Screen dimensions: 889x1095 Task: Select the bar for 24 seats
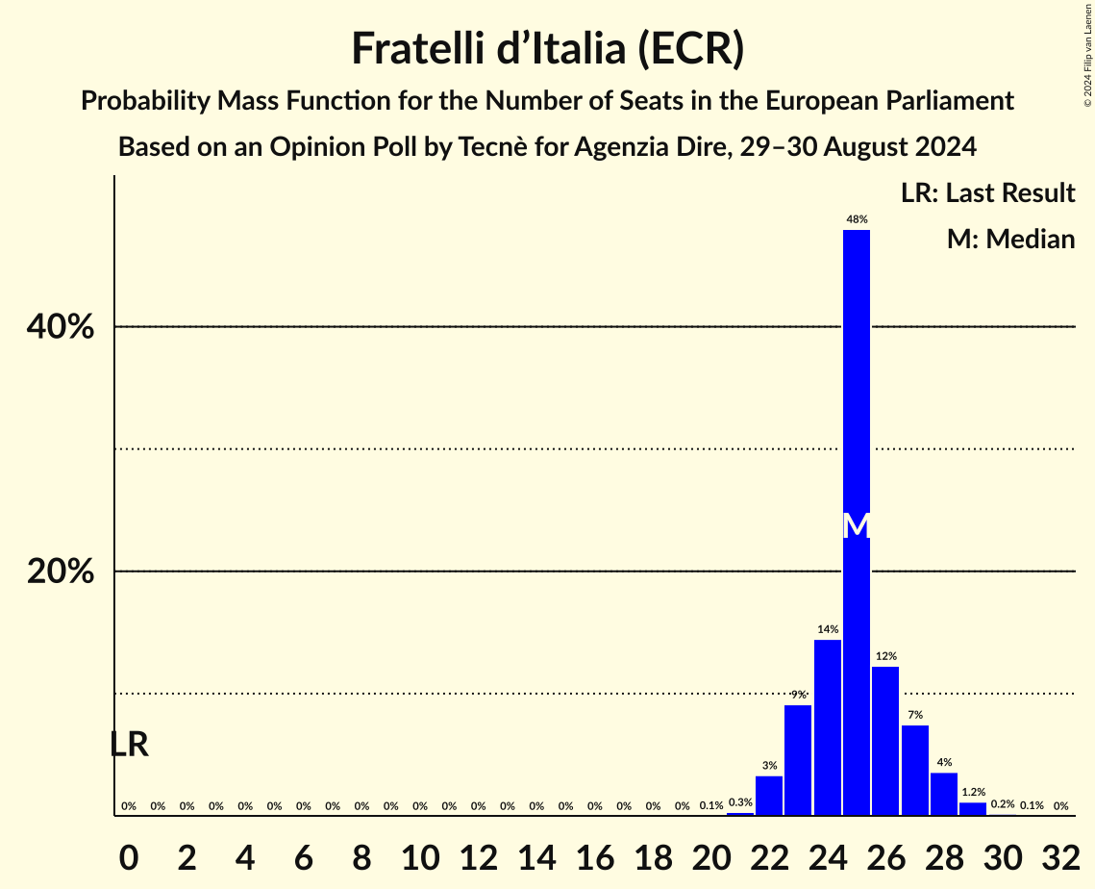coord(827,727)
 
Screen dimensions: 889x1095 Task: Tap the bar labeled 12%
coord(885,741)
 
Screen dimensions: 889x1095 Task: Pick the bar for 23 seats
coord(798,760)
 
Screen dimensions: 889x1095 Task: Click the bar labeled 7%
coord(914,770)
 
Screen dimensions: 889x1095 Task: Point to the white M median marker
coord(856,526)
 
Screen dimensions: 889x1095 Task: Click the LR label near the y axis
coord(129,744)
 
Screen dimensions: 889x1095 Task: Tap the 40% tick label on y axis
coord(61,327)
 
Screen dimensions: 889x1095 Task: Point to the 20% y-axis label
coord(61,571)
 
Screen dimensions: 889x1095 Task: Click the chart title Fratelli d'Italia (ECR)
coord(547,48)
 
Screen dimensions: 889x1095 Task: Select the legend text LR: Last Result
coord(987,192)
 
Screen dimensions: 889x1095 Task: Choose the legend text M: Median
coord(1010,239)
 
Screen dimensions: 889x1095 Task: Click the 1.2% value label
coord(973,792)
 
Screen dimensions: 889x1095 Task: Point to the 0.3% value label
coord(739,801)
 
